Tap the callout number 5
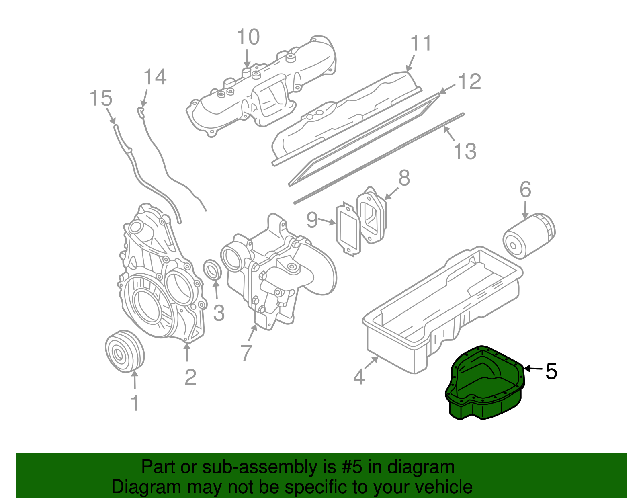pyautogui.click(x=551, y=371)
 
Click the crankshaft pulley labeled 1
pyautogui.click(x=124, y=352)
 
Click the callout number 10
pyautogui.click(x=248, y=37)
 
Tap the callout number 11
pyautogui.click(x=421, y=43)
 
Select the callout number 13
pyautogui.click(x=465, y=152)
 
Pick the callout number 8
pyautogui.click(x=404, y=178)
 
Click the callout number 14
pyautogui.click(x=155, y=77)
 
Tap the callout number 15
pyautogui.click(x=100, y=98)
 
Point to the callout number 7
pyautogui.click(x=246, y=353)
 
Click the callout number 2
pyautogui.click(x=190, y=377)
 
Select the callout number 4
pyautogui.click(x=359, y=377)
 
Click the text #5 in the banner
pyautogui.click(x=352, y=467)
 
